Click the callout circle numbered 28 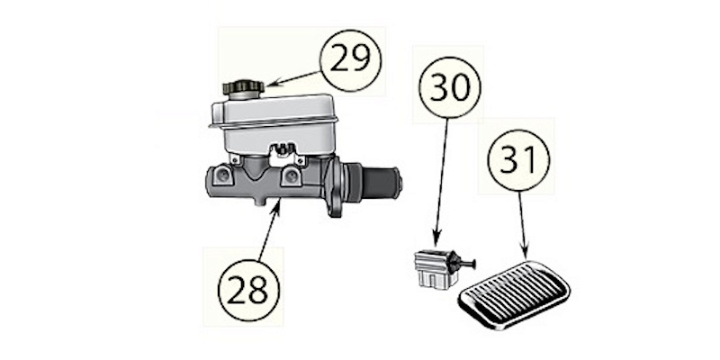(248, 290)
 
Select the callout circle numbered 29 (351, 60)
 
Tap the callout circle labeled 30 (450, 87)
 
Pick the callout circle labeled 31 (519, 160)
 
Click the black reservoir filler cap (243, 88)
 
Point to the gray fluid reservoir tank (274, 124)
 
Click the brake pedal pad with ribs (514, 294)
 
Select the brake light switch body (434, 269)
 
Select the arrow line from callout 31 (523, 226)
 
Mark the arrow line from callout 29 (292, 78)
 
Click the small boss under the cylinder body (260, 201)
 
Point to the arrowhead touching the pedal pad (525, 254)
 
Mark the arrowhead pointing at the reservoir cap (273, 83)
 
